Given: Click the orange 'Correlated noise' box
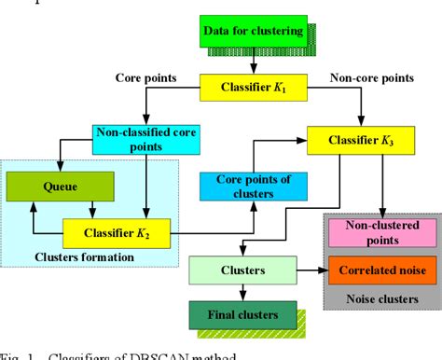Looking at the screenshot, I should [380, 270].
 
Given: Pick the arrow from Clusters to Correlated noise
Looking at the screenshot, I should [312, 270].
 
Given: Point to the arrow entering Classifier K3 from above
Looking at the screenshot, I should [360, 117].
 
